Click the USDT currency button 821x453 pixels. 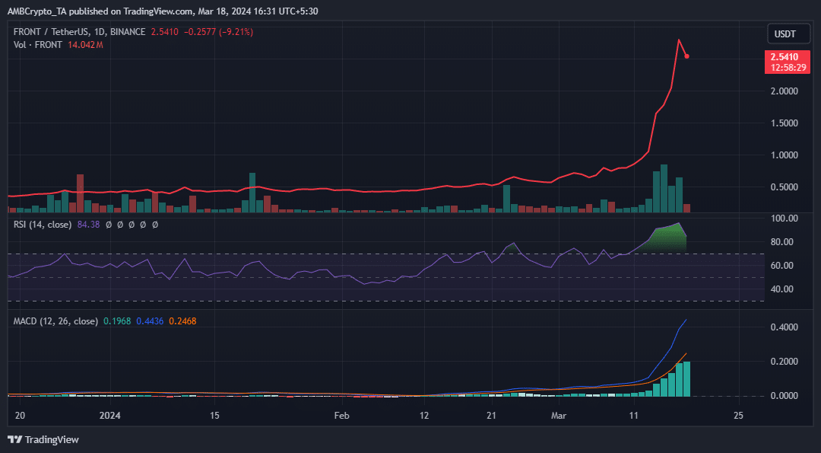coord(785,34)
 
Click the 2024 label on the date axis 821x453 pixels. coord(110,416)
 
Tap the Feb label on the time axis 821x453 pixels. coord(341,416)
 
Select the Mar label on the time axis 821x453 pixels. coord(559,416)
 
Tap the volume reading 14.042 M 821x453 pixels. coord(85,45)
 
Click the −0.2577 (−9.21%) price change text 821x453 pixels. coord(217,32)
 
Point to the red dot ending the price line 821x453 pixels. coord(687,56)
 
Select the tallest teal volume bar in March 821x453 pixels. coord(664,189)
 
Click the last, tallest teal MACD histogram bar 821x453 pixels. coord(687,378)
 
